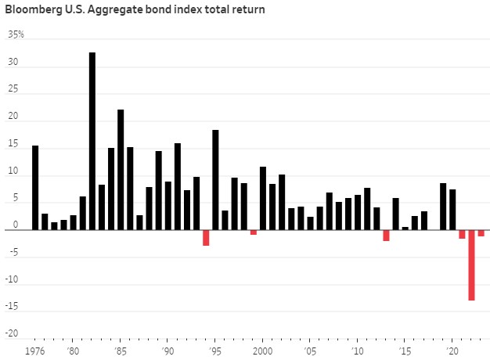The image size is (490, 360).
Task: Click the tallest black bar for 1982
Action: [x=92, y=141]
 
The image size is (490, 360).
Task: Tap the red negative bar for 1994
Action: [x=206, y=238]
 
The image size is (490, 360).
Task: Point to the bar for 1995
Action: [x=215, y=180]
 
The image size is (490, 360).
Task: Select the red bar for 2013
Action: [x=386, y=236]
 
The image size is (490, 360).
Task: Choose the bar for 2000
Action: [x=263, y=198]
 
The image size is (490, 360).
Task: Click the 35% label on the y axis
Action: [x=16, y=35]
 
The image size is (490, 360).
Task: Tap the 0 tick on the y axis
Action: [x=16, y=230]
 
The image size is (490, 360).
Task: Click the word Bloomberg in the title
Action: [x=34, y=10]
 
